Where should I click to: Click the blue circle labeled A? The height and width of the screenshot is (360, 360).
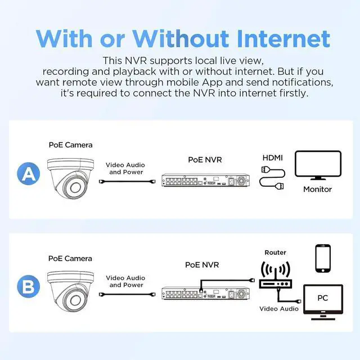pos(29,174)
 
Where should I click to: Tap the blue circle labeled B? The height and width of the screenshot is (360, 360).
pos(29,286)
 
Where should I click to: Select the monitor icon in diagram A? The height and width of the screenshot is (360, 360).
pos(318,165)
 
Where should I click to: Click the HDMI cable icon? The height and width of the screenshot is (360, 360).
pos(272,178)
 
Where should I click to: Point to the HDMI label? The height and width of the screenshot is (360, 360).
pos(272,157)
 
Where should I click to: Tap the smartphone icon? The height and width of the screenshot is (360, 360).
pos(323,259)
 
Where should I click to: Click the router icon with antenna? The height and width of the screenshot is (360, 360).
pos(275,274)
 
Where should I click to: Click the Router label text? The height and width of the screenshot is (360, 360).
pos(275,253)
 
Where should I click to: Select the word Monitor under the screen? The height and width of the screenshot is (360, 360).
pos(317,189)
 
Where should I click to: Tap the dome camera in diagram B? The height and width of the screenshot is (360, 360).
pos(70,292)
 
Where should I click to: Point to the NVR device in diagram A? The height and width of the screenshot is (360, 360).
pos(205,180)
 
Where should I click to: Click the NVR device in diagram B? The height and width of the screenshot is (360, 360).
pos(205,293)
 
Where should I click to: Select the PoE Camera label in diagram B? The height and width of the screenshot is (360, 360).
pos(70,259)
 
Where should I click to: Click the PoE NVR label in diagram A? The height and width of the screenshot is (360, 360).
pos(205,160)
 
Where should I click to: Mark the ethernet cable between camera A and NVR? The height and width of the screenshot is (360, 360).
pos(127,181)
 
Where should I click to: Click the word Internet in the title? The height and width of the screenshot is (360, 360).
pos(283,39)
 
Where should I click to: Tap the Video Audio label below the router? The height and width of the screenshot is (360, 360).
pos(279,309)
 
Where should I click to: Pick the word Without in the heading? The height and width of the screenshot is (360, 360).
pos(181,39)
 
